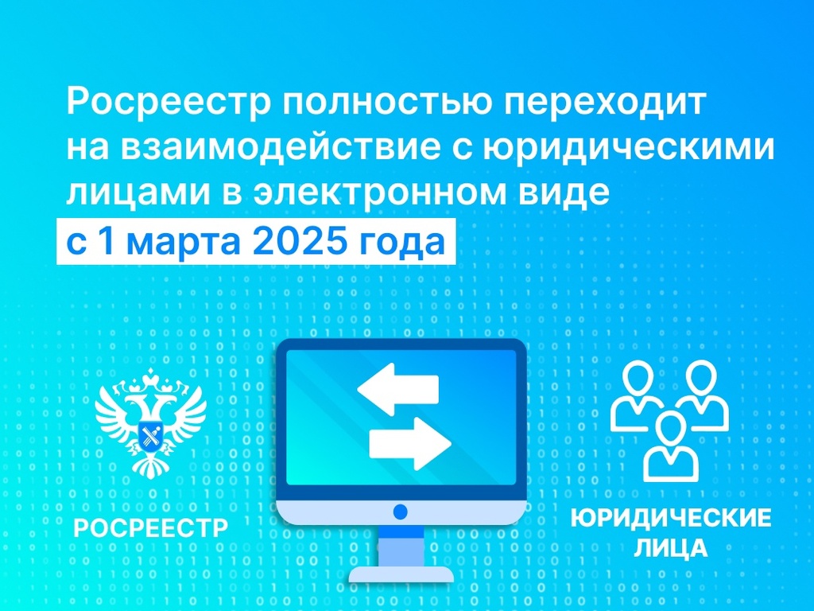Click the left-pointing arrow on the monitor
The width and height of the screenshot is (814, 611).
[x=398, y=390]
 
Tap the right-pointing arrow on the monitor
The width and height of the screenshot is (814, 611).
[x=410, y=443]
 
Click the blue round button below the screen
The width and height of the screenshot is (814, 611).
[x=401, y=512]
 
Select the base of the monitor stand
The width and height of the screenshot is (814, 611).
[x=401, y=574]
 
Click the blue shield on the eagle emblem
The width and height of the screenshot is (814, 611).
[x=151, y=435]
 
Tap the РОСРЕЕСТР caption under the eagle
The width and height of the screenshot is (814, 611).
[x=151, y=528]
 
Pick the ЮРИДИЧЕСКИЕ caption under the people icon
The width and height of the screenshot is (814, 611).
[x=671, y=519]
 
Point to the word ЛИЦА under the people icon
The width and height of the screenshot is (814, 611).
[x=671, y=547]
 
